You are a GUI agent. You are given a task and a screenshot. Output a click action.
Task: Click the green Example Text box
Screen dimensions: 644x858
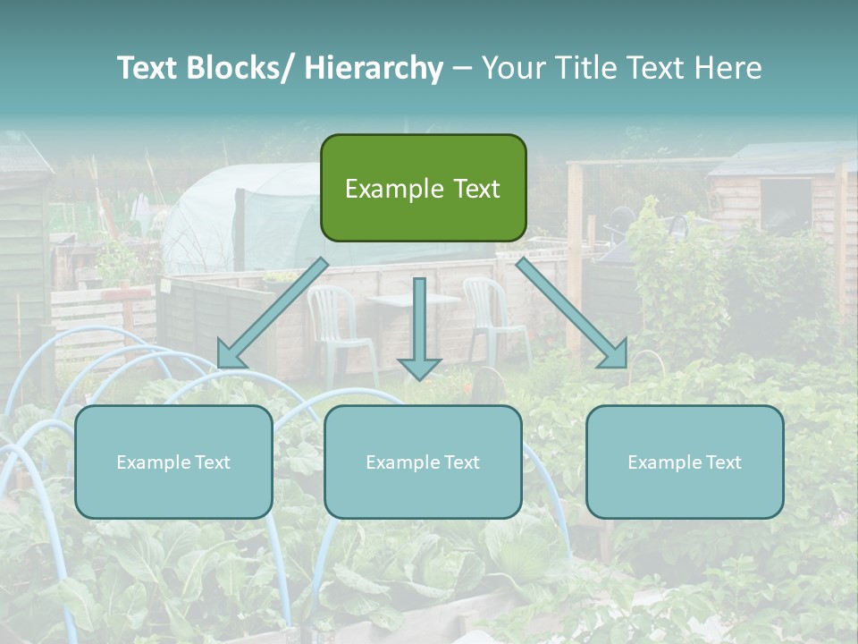point(423,188)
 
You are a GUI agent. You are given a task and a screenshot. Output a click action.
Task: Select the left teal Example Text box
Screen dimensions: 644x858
point(173,462)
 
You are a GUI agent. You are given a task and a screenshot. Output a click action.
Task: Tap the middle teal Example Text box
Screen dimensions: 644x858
point(423,462)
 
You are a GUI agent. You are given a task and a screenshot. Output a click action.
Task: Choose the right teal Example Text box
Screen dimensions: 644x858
point(685,462)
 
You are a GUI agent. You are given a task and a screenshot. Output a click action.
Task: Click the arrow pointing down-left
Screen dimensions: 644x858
point(273,313)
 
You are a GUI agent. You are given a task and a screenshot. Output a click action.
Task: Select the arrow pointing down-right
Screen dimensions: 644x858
point(573,313)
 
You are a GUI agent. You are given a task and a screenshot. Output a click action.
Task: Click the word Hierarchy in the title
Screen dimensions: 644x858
point(374,69)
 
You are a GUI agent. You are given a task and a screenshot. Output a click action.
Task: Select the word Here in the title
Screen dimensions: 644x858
point(728,69)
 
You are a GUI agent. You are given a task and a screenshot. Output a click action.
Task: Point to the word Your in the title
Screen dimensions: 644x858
point(511,69)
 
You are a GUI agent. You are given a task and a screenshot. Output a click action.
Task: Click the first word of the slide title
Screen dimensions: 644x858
point(148,69)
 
